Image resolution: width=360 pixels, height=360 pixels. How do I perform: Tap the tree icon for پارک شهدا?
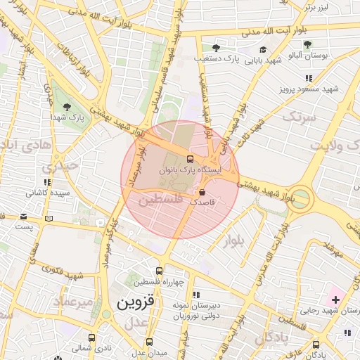click(x=67, y=107)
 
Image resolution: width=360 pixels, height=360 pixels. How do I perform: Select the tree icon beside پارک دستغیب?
click(x=216, y=48)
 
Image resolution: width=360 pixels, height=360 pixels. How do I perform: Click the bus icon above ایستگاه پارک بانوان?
click(x=191, y=158)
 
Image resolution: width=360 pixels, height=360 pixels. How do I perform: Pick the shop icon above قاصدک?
click(x=202, y=191)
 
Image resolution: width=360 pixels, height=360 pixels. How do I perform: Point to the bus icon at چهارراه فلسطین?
click(x=160, y=270)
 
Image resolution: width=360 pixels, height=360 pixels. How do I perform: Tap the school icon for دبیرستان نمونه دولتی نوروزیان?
click(x=197, y=294)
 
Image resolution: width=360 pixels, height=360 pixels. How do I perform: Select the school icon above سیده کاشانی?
click(x=48, y=182)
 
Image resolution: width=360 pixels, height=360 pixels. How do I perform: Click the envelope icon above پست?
click(x=25, y=217)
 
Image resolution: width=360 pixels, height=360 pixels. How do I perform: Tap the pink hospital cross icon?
click(x=335, y=300)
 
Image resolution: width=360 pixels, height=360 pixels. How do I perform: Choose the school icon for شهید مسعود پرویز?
click(x=308, y=79)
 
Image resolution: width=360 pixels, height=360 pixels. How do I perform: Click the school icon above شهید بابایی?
click(x=263, y=50)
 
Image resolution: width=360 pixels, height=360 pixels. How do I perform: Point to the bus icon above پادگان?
click(x=316, y=345)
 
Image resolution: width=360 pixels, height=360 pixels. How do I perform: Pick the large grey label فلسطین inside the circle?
click(x=160, y=200)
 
